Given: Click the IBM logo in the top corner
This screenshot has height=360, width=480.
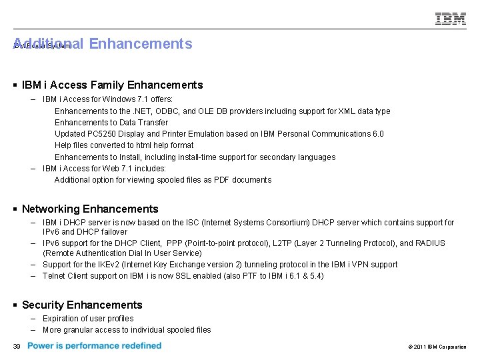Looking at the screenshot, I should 451,19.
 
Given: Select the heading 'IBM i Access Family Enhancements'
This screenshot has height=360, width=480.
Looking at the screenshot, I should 112,85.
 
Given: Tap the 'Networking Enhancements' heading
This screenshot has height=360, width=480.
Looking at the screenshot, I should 90,209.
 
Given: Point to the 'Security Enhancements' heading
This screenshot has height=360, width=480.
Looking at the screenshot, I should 82,305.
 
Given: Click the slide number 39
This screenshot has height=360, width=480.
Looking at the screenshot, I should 17,346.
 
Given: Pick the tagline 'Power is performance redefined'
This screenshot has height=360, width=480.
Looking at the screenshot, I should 94,346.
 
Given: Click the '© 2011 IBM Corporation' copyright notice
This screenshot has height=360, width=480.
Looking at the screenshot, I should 435,347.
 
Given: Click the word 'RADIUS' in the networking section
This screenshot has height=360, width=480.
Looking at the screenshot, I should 429,243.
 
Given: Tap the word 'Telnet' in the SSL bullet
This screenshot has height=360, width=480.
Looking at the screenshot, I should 54,276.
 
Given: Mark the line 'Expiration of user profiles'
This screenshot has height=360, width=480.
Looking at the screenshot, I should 88,319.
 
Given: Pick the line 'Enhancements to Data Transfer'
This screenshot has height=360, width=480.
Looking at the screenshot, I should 111,123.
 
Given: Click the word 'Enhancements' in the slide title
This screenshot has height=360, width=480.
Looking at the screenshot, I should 140,44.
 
